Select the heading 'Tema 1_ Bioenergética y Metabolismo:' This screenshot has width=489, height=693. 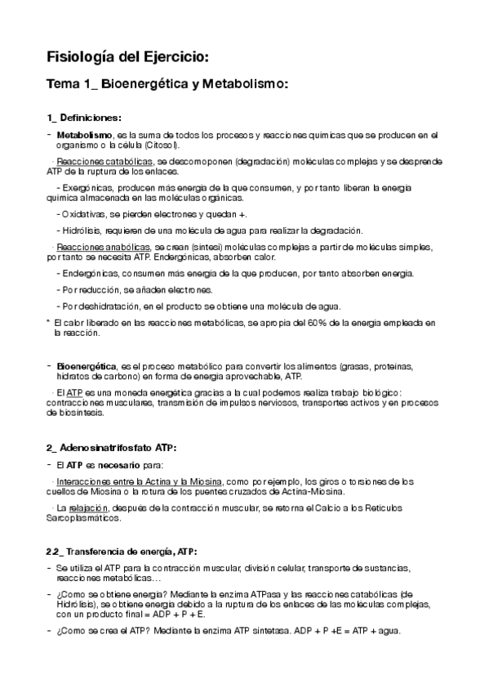(167, 84)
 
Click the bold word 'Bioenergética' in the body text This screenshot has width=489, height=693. (86, 365)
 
